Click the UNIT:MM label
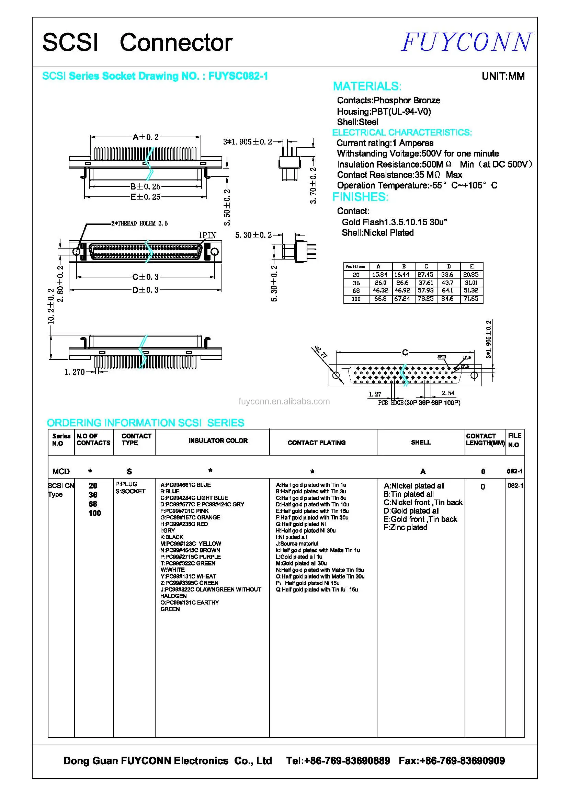click(503, 76)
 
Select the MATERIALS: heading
click(367, 87)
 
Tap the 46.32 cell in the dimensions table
click(380, 290)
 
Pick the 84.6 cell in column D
click(447, 299)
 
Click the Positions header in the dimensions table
click(355, 266)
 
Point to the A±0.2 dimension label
click(146, 137)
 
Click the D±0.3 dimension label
click(146, 290)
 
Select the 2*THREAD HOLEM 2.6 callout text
click(139, 223)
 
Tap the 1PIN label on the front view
click(207, 236)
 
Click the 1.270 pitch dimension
click(74, 372)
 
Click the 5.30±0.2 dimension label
click(253, 235)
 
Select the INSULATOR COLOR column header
click(218, 441)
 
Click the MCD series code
click(61, 471)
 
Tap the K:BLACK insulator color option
click(172, 537)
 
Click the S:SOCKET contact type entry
click(130, 491)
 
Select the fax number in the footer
click(452, 761)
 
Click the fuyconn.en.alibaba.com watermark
click(284, 402)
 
